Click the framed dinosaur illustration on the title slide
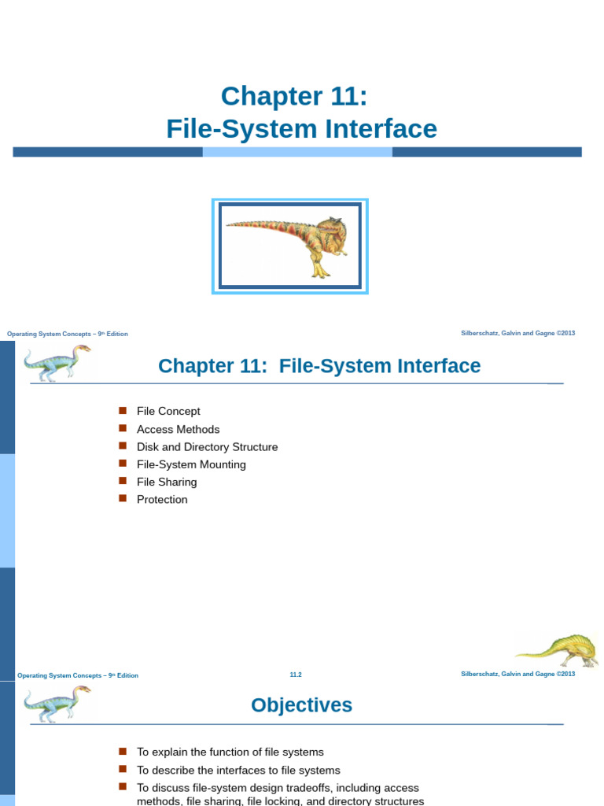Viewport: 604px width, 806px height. pos(289,246)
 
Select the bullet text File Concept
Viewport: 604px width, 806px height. pos(168,412)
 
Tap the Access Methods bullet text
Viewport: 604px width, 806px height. pos(178,430)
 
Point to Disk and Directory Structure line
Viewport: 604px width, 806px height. pos(207,447)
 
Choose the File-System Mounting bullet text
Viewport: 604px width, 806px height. pos(191,464)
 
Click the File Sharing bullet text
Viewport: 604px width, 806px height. pos(167,482)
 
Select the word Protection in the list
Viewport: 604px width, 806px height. pos(162,500)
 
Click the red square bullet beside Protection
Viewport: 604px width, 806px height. pos(123,498)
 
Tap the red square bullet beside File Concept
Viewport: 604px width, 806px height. pos(123,410)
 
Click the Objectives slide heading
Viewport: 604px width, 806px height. pos(301,705)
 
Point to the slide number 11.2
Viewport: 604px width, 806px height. pos(296,675)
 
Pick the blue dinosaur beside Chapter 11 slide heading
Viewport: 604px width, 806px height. pos(53,361)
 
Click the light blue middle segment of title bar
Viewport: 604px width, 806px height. pos(297,152)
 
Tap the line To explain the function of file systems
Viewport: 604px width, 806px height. pos(230,752)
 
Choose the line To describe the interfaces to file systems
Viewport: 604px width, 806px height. pos(238,771)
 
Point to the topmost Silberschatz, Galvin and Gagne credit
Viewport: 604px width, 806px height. pos(517,333)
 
